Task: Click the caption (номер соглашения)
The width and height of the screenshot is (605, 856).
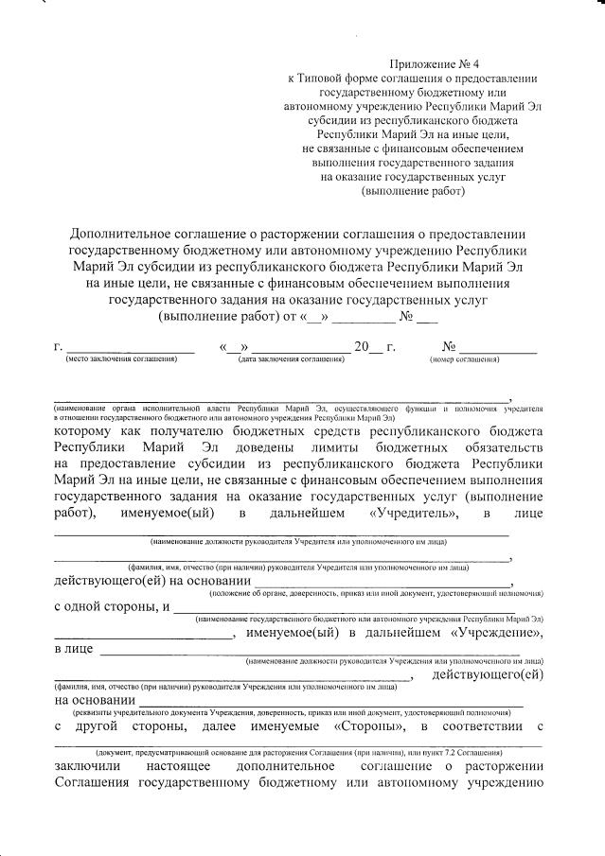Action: coord(464,360)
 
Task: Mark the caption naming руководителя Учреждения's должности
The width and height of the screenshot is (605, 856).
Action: coord(392,661)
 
